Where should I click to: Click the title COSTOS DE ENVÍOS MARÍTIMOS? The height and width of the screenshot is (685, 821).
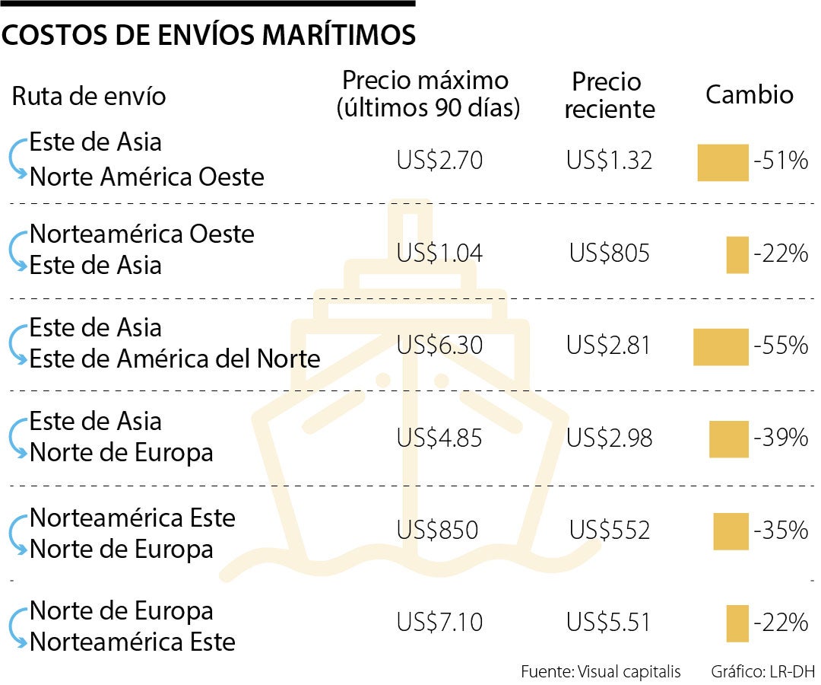(209, 36)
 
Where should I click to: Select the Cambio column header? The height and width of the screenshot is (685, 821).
(749, 94)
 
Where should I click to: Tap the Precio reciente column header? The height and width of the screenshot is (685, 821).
(608, 95)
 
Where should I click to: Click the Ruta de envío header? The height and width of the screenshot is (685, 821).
(88, 97)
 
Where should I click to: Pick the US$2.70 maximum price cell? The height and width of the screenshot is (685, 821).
(439, 161)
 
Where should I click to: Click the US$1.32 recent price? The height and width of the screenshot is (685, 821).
(609, 161)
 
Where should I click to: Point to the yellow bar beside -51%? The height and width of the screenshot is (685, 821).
(723, 162)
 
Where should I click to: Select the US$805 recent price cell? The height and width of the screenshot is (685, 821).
(609, 253)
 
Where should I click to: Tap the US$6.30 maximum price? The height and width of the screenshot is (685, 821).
(439, 346)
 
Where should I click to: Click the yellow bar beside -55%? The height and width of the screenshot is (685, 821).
(721, 346)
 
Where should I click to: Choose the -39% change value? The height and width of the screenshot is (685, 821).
(780, 438)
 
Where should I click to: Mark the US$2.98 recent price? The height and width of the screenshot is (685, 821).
(609, 438)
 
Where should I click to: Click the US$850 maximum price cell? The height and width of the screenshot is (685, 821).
(437, 530)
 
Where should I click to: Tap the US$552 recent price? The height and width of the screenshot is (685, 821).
(609, 530)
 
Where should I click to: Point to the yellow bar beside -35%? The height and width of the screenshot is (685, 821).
(731, 530)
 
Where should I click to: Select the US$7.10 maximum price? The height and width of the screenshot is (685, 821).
(439, 623)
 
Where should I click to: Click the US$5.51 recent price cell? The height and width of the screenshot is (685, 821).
(609, 623)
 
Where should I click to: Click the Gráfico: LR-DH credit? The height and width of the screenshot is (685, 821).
(762, 671)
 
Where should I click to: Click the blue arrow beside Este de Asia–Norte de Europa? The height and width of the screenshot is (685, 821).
(17, 438)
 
